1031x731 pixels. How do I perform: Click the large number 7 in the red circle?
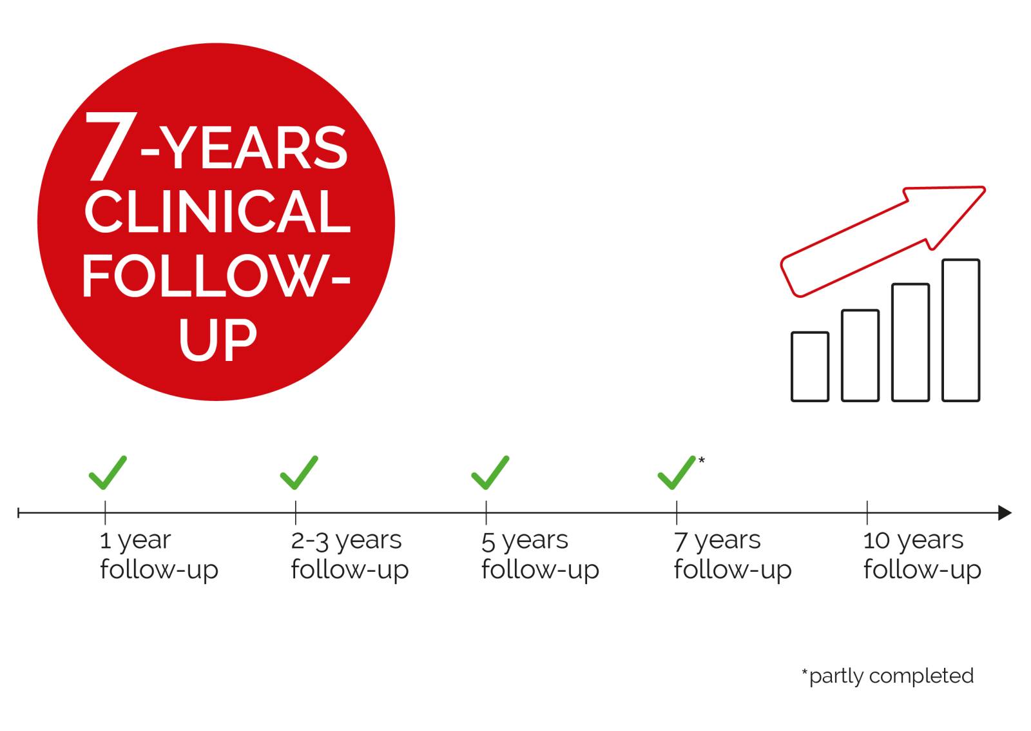coord(110,146)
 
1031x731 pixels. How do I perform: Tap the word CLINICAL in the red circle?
coord(218,211)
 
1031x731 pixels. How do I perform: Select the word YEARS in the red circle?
coord(254,148)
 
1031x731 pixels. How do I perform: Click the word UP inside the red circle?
coord(218,339)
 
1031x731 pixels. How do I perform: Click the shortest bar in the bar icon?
coord(810,367)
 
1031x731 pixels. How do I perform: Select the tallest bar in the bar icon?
coord(961,331)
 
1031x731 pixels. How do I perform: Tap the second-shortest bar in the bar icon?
coord(860,356)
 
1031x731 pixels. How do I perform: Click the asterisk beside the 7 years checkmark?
coord(702,460)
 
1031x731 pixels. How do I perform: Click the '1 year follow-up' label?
coord(159,556)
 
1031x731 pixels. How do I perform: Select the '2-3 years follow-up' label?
coord(350,556)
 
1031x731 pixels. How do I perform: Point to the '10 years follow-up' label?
coord(922,556)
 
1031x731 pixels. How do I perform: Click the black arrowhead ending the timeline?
coord(1005,513)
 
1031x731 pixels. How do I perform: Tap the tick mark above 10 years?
coord(867,512)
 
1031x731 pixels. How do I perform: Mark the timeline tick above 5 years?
coord(486,512)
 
